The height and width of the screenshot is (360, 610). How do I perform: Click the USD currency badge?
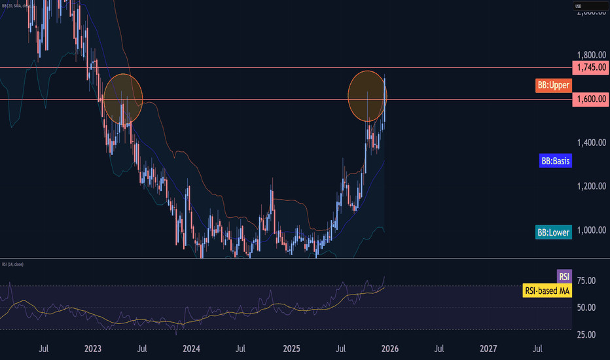click(x=579, y=7)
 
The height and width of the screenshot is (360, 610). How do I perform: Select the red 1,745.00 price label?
click(x=589, y=67)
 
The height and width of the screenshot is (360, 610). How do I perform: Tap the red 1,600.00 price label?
click(x=589, y=99)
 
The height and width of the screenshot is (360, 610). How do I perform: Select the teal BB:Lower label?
click(x=554, y=232)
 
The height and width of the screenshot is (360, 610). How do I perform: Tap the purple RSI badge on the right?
click(x=564, y=276)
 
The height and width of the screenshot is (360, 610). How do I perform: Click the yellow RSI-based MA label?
click(x=547, y=290)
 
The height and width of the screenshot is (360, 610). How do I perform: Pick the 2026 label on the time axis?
click(x=389, y=348)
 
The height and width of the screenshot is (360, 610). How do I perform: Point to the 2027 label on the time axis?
click(x=488, y=348)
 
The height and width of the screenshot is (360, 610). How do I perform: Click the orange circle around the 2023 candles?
click(x=123, y=99)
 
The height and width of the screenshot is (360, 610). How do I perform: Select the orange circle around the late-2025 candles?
click(x=367, y=96)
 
